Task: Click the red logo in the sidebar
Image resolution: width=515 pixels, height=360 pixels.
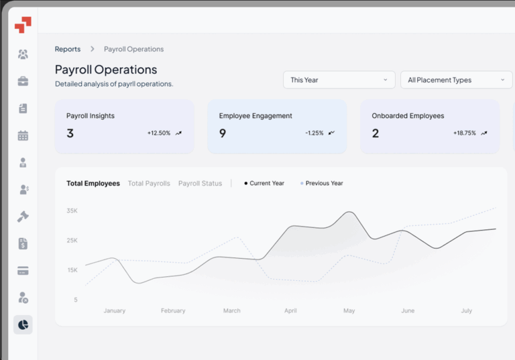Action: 23,25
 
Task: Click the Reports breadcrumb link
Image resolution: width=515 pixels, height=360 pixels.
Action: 67,49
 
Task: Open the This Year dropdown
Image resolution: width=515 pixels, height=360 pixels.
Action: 339,80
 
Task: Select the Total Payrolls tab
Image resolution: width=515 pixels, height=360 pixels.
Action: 149,183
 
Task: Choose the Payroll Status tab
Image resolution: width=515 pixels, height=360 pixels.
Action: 200,183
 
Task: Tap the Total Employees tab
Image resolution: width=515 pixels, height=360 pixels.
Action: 93,183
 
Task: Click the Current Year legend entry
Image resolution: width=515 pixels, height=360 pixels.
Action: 265,183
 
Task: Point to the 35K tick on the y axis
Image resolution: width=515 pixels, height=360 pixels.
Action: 72,211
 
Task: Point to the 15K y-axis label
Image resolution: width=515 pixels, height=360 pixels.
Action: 72,269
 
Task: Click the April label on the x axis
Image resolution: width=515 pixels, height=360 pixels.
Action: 290,310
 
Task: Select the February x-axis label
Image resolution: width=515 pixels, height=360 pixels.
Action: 173,310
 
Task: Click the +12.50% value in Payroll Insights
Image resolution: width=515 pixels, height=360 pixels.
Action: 159,133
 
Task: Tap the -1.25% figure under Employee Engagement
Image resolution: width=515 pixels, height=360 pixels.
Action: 314,133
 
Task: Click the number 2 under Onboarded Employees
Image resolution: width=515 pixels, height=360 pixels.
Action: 376,133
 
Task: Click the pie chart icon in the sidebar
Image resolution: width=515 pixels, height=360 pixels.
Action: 23,324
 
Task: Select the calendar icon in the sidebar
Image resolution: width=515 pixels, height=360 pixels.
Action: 23,135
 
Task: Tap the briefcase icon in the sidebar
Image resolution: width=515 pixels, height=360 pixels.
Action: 23,81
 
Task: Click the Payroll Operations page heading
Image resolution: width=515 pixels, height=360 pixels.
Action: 106,70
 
